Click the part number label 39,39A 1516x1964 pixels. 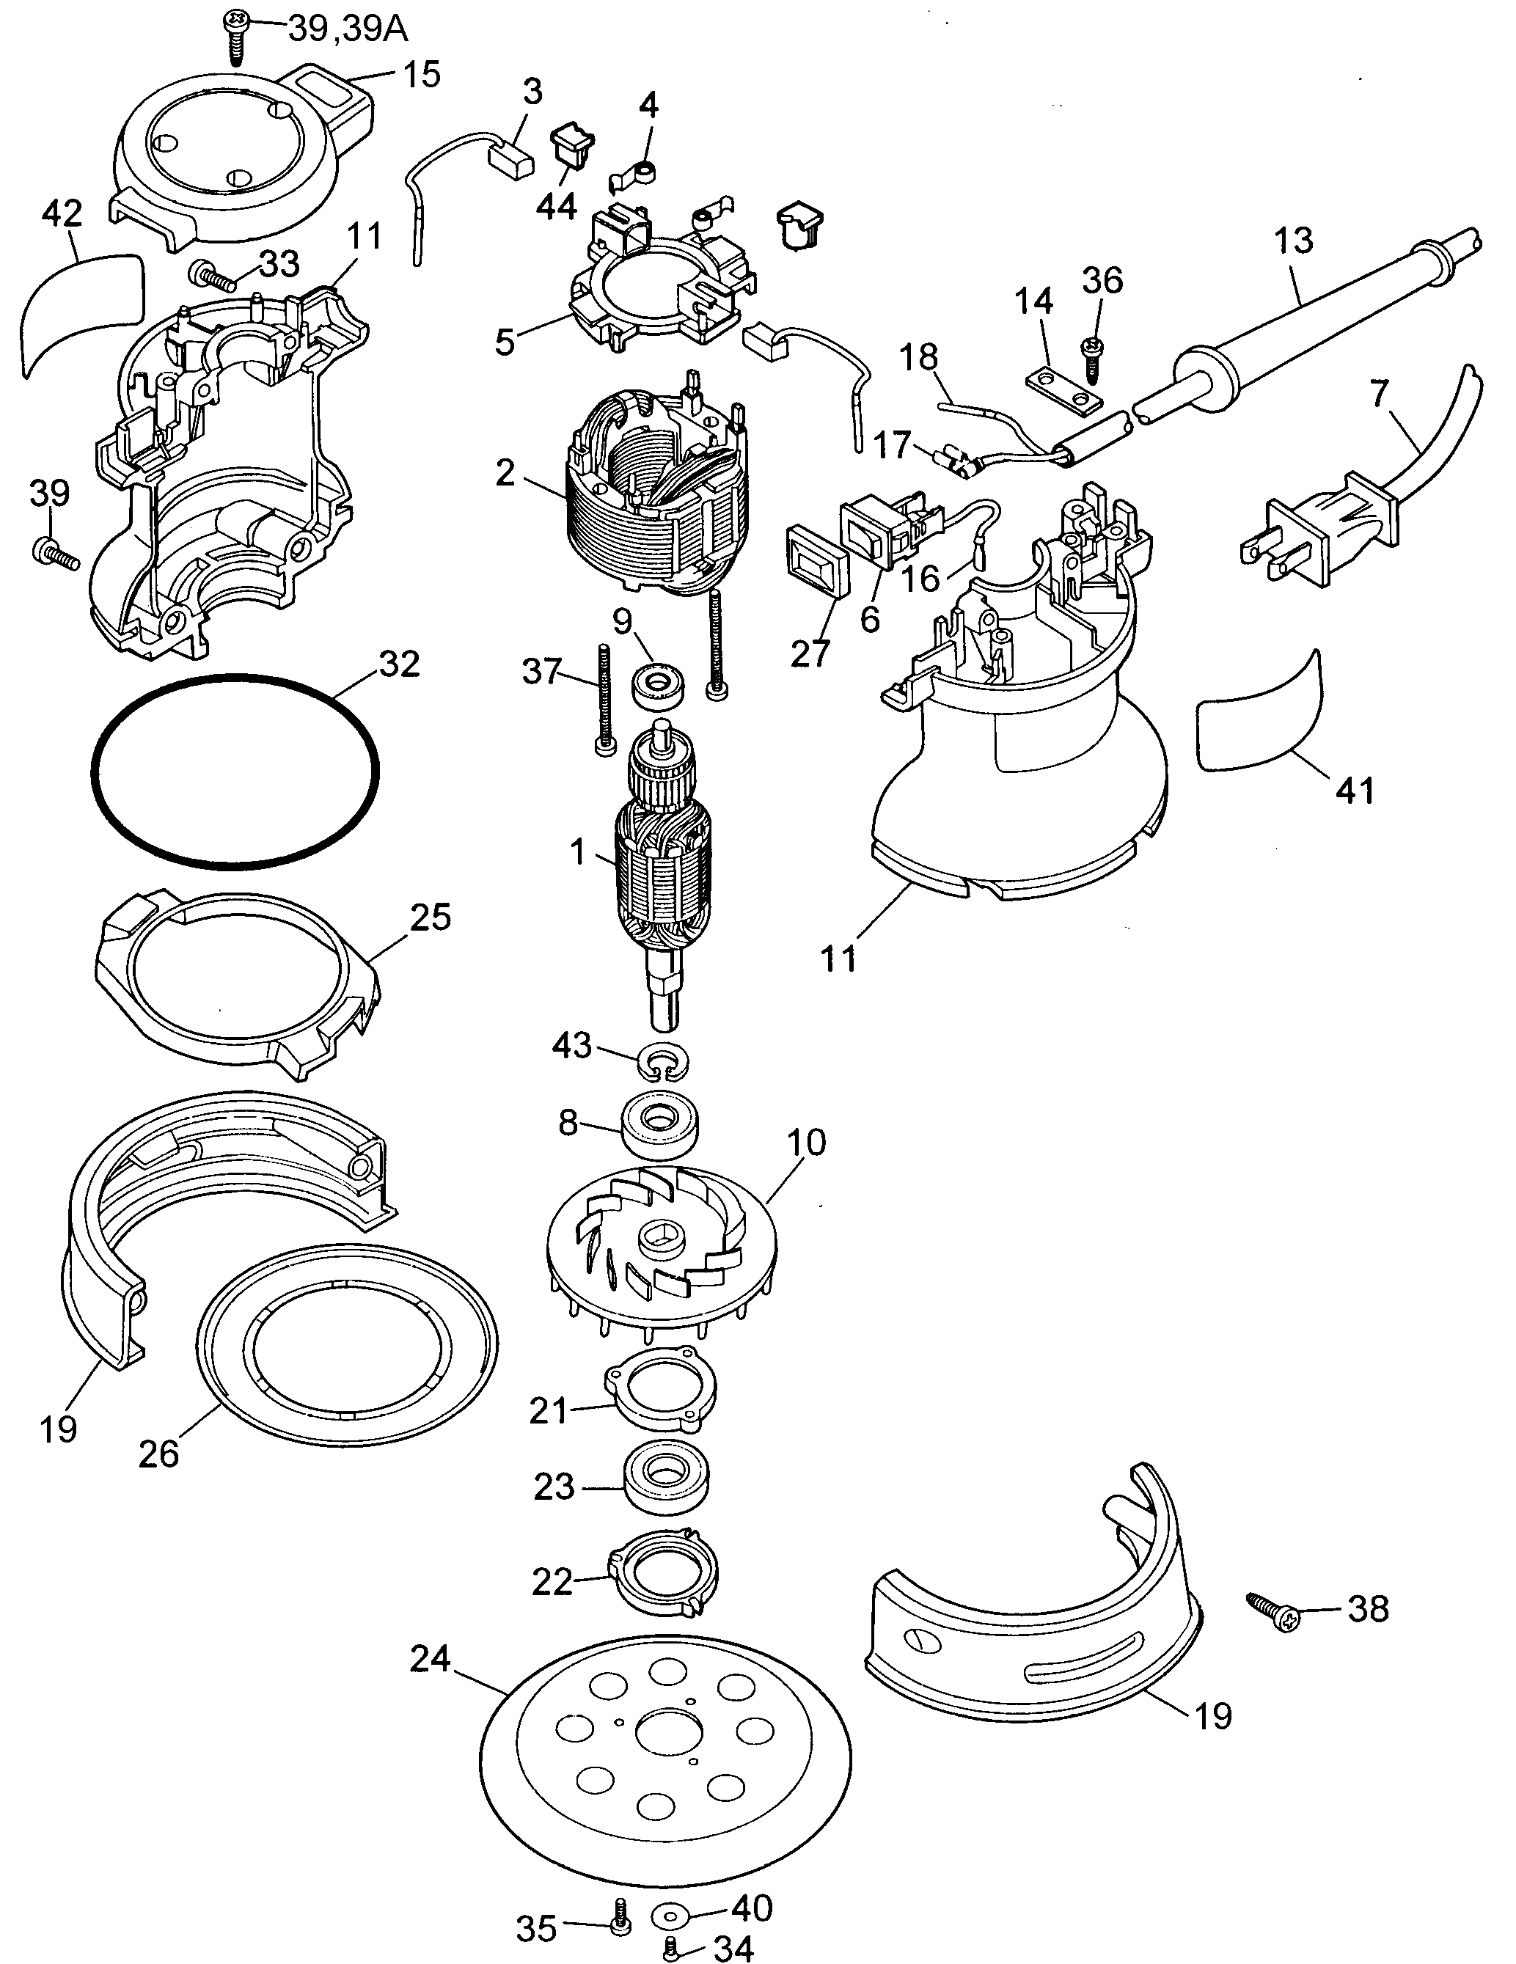[x=347, y=29]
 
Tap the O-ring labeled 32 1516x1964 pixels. [x=235, y=771]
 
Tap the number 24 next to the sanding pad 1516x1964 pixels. [x=430, y=1658]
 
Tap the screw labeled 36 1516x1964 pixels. [x=1094, y=359]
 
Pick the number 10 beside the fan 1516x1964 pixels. [x=807, y=1143]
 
